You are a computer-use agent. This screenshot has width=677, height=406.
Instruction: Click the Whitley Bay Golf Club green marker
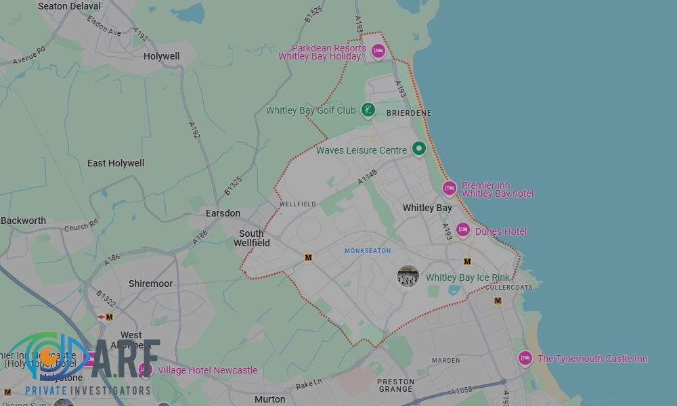(368, 110)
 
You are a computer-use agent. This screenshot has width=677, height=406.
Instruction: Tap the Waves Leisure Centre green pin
(419, 148)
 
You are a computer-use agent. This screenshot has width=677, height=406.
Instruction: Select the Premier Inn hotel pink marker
(449, 188)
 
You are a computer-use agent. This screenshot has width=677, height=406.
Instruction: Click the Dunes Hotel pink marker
(463, 230)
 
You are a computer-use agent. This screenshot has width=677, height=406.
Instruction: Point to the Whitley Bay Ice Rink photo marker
(408, 276)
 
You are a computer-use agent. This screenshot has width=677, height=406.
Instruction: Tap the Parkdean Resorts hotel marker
(378, 51)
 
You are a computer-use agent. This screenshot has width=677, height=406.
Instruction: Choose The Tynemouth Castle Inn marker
(525, 358)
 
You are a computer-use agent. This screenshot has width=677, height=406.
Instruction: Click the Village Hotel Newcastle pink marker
(145, 369)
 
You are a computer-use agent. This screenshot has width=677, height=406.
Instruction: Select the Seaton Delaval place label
(69, 6)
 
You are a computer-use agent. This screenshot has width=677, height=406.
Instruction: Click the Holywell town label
(162, 56)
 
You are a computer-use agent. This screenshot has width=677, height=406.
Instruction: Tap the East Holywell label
(116, 163)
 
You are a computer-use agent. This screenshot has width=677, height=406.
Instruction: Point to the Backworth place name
(24, 221)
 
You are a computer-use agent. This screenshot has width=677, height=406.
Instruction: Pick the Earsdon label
(223, 213)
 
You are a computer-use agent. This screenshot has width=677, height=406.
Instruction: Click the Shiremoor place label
(150, 284)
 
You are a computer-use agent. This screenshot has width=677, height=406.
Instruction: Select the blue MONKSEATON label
(368, 251)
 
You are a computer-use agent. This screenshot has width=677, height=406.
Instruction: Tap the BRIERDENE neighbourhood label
(409, 113)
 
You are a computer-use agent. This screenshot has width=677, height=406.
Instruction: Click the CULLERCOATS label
(509, 287)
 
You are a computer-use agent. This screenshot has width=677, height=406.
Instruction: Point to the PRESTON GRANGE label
(395, 385)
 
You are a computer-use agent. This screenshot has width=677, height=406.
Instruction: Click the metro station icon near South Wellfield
(309, 257)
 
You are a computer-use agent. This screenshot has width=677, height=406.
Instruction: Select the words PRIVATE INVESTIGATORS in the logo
(88, 390)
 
